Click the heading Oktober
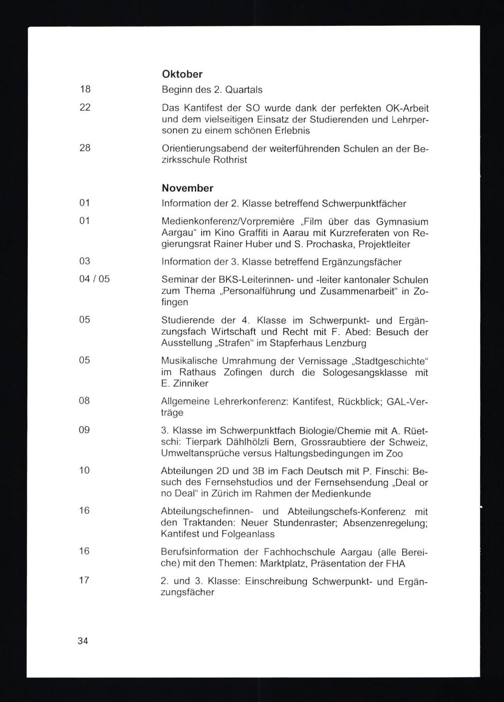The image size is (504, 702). click(x=182, y=74)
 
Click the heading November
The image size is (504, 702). click(x=187, y=188)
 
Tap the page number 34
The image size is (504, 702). click(x=83, y=641)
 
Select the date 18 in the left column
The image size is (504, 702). click(x=85, y=90)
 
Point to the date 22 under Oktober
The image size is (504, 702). click(x=85, y=107)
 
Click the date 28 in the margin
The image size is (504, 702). click(x=85, y=148)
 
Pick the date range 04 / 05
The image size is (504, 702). click(x=94, y=278)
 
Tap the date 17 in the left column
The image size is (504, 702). click(x=84, y=580)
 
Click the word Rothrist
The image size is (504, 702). click(x=230, y=160)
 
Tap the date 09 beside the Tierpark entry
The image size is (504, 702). click(x=84, y=430)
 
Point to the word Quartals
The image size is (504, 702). click(x=244, y=90)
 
